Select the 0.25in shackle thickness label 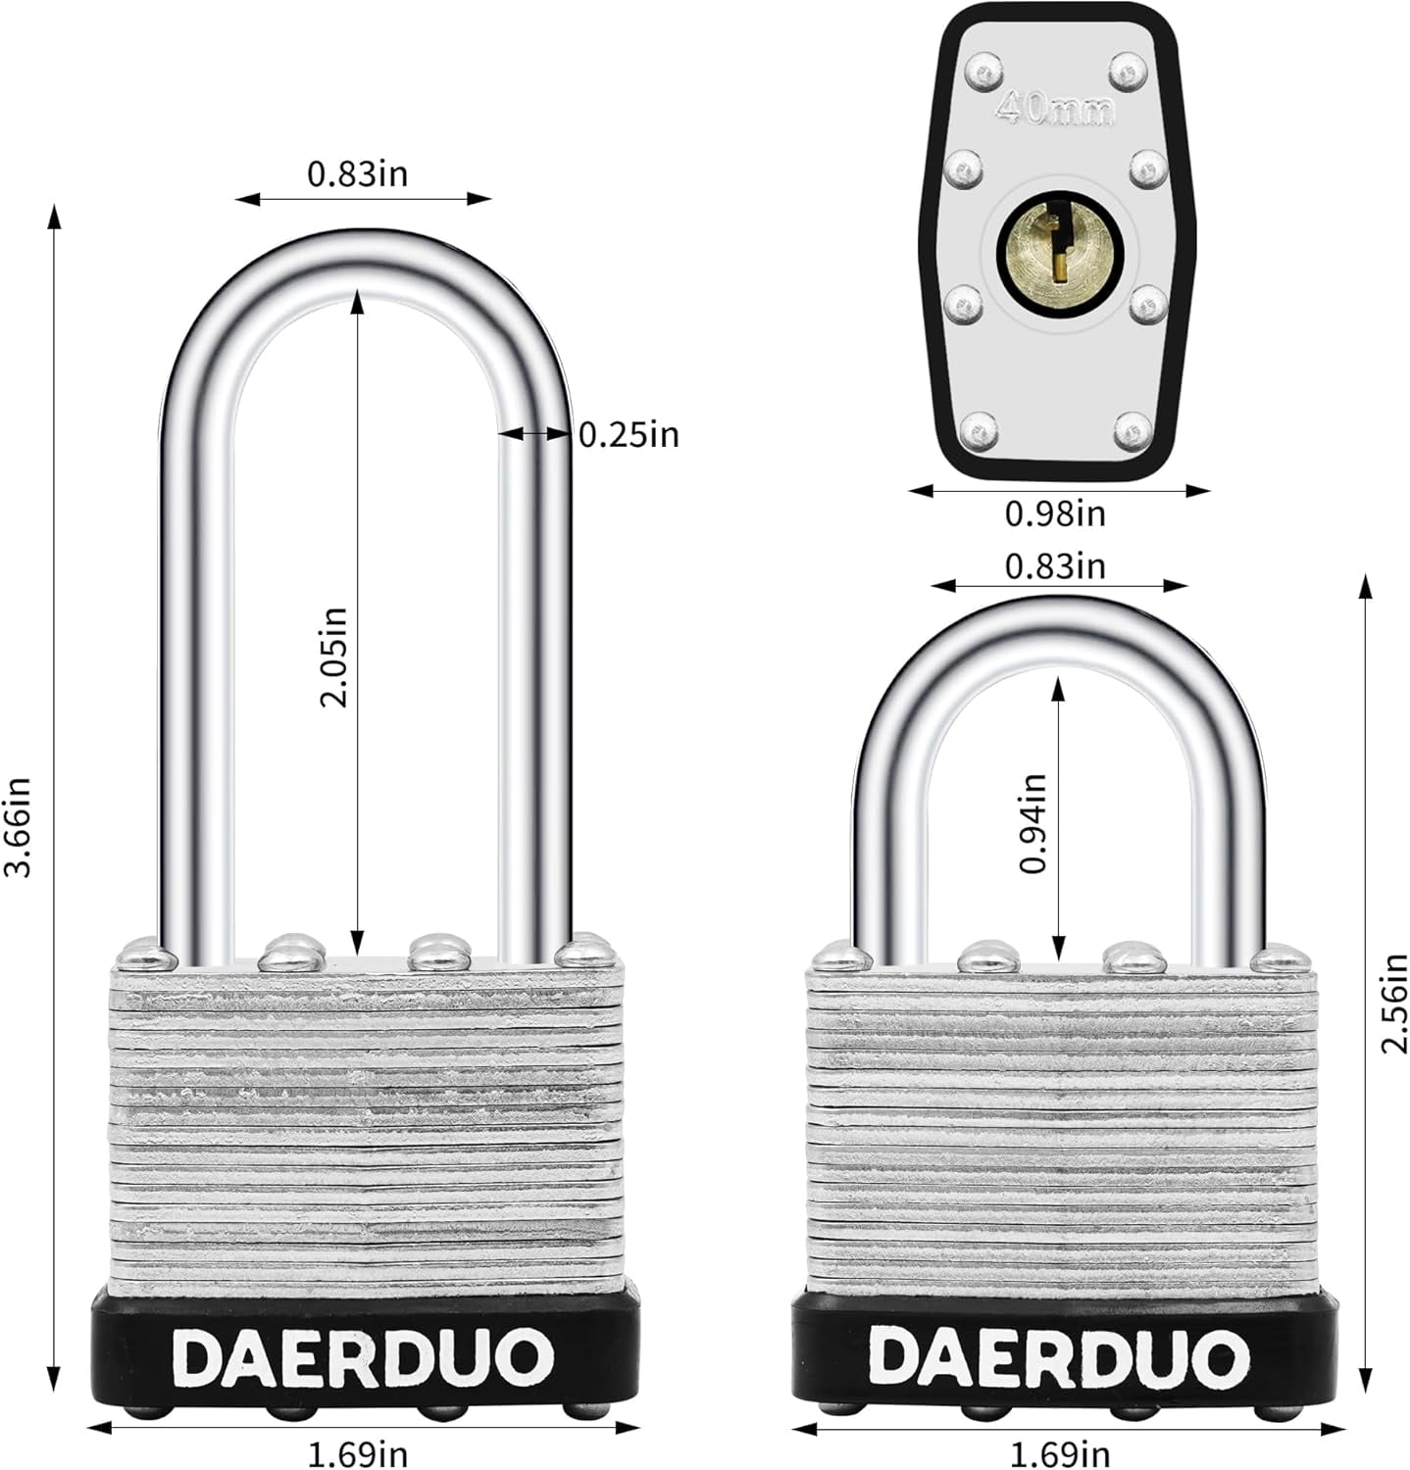coord(629,434)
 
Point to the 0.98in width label coord(1055,513)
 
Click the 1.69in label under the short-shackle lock coord(1061,1452)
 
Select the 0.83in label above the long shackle coord(357,173)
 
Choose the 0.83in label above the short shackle coord(1055,565)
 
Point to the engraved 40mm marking coord(1055,109)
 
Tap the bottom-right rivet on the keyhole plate coord(1134,428)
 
